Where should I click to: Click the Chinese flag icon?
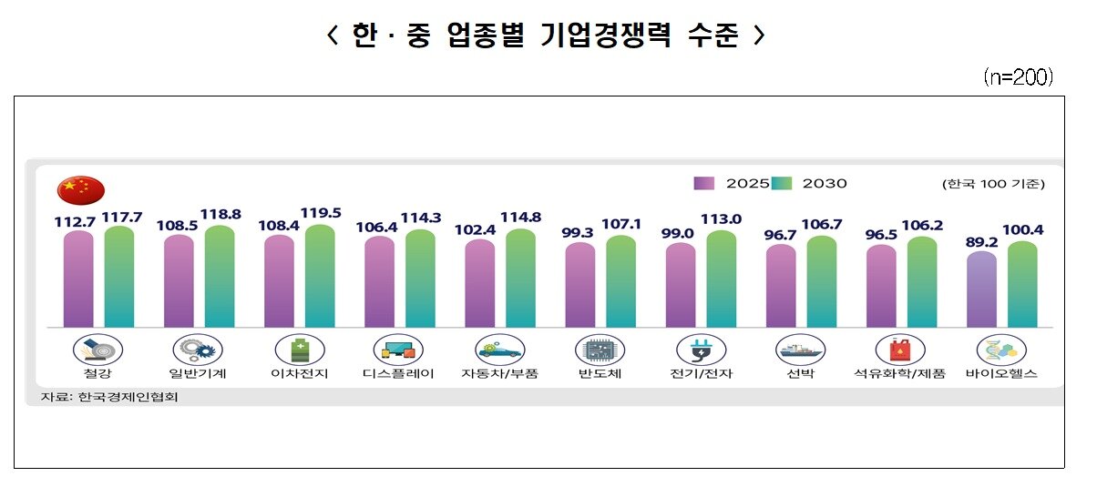pyautogui.click(x=80, y=190)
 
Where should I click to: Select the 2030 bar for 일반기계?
pyautogui.click(x=220, y=277)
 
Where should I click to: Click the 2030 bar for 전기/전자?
pyautogui.click(x=721, y=279)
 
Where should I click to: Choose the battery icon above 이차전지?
pyautogui.click(x=299, y=350)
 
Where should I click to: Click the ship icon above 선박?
pyautogui.click(x=800, y=350)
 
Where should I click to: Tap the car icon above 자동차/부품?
pyautogui.click(x=499, y=350)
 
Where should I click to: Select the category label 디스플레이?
pyautogui.click(x=398, y=374)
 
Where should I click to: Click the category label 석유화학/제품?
pyautogui.click(x=899, y=374)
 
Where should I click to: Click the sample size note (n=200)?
pyautogui.click(x=1018, y=77)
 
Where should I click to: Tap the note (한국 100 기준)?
pyautogui.click(x=993, y=184)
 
